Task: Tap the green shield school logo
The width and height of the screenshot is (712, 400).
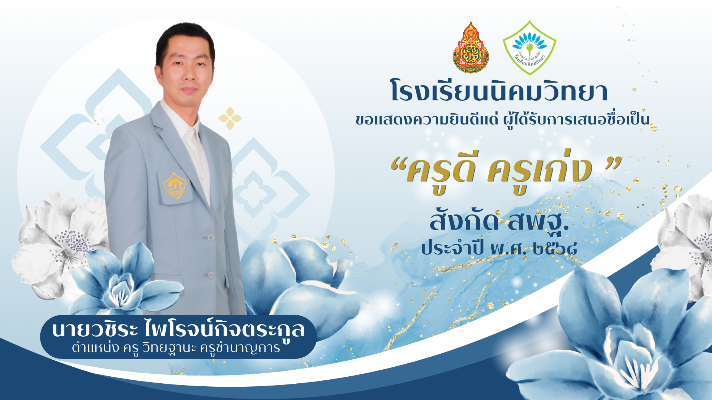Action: (529, 47)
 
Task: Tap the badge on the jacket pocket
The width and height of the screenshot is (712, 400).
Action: (175, 185)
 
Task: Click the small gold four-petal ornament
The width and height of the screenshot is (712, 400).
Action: (230, 118)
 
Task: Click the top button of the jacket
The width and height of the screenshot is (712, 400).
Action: (210, 237)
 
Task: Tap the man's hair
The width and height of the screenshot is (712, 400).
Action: (185, 39)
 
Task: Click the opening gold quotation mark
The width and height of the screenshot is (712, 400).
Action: (398, 164)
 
